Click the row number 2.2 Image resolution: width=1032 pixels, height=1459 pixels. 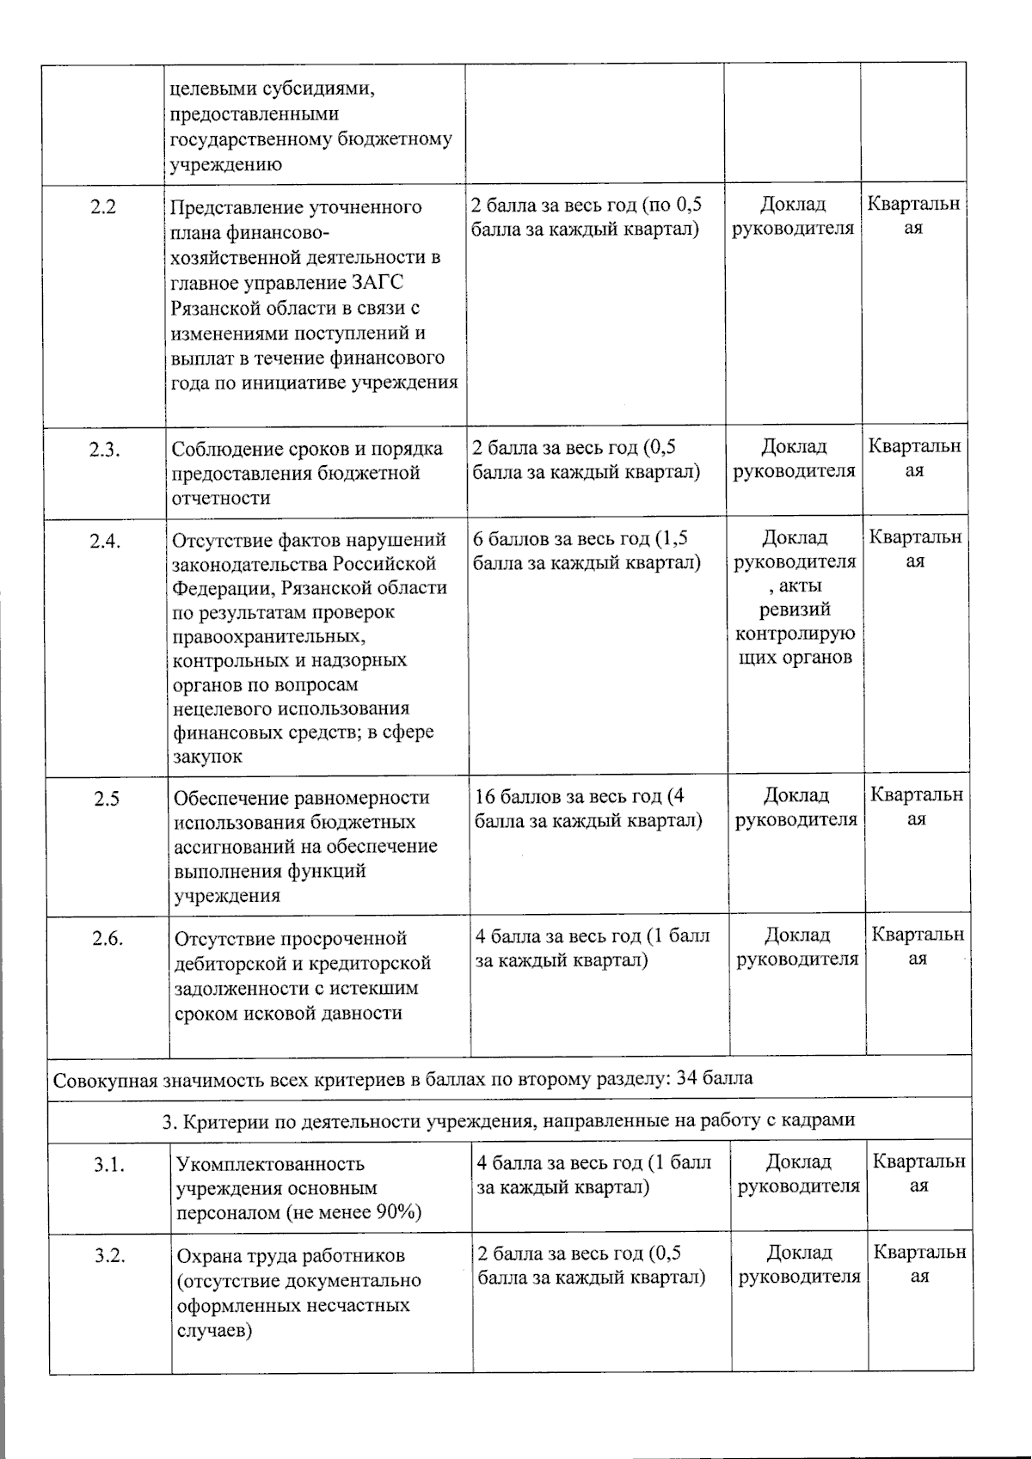(103, 207)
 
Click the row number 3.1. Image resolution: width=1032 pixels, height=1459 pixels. (109, 1165)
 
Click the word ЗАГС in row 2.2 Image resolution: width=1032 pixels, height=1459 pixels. (378, 283)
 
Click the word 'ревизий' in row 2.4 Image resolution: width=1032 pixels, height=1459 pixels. (795, 610)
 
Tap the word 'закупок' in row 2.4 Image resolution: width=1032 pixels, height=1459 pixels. (207, 757)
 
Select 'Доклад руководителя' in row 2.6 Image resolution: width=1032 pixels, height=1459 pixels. (797, 947)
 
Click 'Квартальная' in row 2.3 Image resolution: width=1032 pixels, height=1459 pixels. (914, 458)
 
